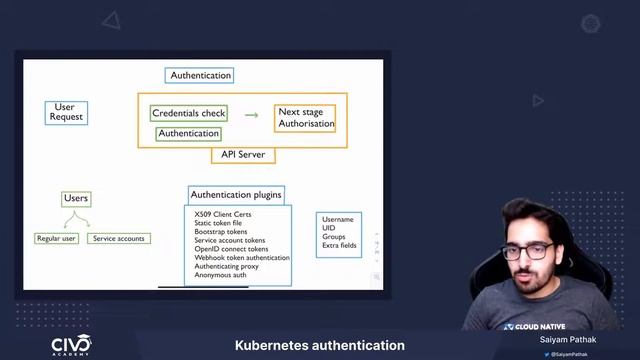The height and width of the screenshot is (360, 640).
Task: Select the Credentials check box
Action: (x=189, y=113)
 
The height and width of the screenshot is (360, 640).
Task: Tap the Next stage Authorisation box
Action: (x=305, y=118)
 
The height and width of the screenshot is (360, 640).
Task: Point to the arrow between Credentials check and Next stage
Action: (x=251, y=115)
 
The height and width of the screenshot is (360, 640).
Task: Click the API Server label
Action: (x=243, y=155)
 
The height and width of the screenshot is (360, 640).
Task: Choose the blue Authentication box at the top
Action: (x=201, y=75)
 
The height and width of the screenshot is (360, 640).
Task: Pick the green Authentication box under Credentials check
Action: (x=188, y=133)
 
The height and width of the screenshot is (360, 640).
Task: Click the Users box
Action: (x=76, y=199)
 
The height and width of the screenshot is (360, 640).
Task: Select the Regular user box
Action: (x=56, y=238)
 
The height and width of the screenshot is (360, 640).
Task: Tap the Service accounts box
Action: (x=119, y=238)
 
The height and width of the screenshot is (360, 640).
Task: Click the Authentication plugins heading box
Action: (x=236, y=194)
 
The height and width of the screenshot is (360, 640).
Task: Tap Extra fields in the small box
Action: (x=339, y=245)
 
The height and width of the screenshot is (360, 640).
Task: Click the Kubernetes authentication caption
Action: (x=320, y=345)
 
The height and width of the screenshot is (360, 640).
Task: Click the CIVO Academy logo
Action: (x=71, y=345)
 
